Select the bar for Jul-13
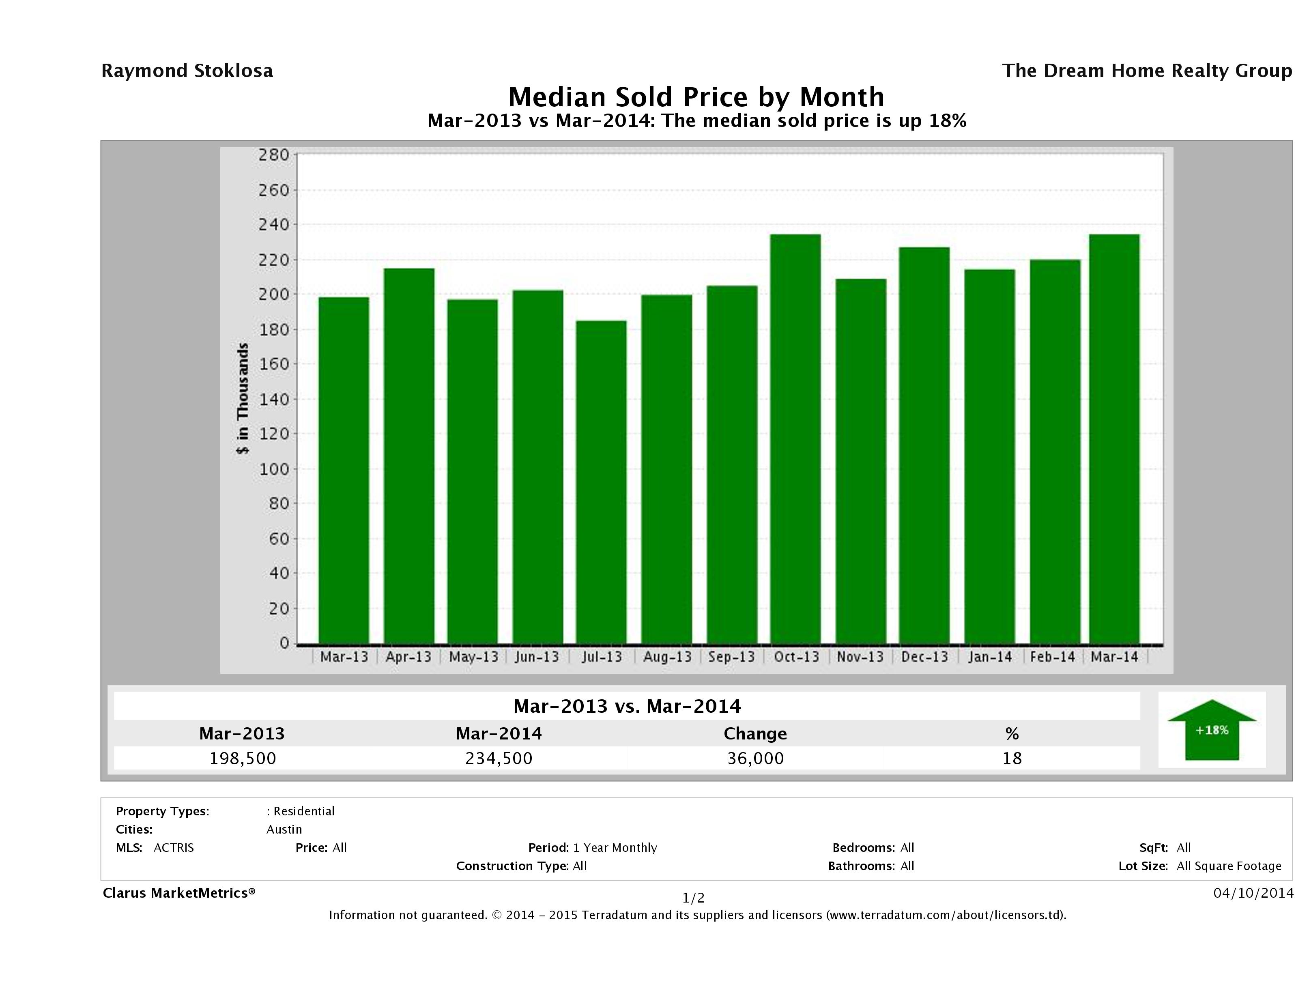click(x=601, y=482)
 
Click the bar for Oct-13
click(x=795, y=438)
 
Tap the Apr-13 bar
click(x=409, y=456)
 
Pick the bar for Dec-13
click(x=924, y=445)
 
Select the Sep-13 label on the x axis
click(x=731, y=657)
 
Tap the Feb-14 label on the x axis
click(x=1052, y=657)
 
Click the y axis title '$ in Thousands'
click(x=243, y=398)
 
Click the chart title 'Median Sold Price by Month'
click(x=696, y=97)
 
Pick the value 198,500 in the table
click(x=243, y=758)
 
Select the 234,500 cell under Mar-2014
click(x=499, y=758)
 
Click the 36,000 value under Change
click(x=756, y=758)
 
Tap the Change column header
click(x=755, y=734)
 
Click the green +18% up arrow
click(x=1211, y=730)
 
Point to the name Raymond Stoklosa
click(x=187, y=71)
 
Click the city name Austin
click(x=284, y=830)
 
